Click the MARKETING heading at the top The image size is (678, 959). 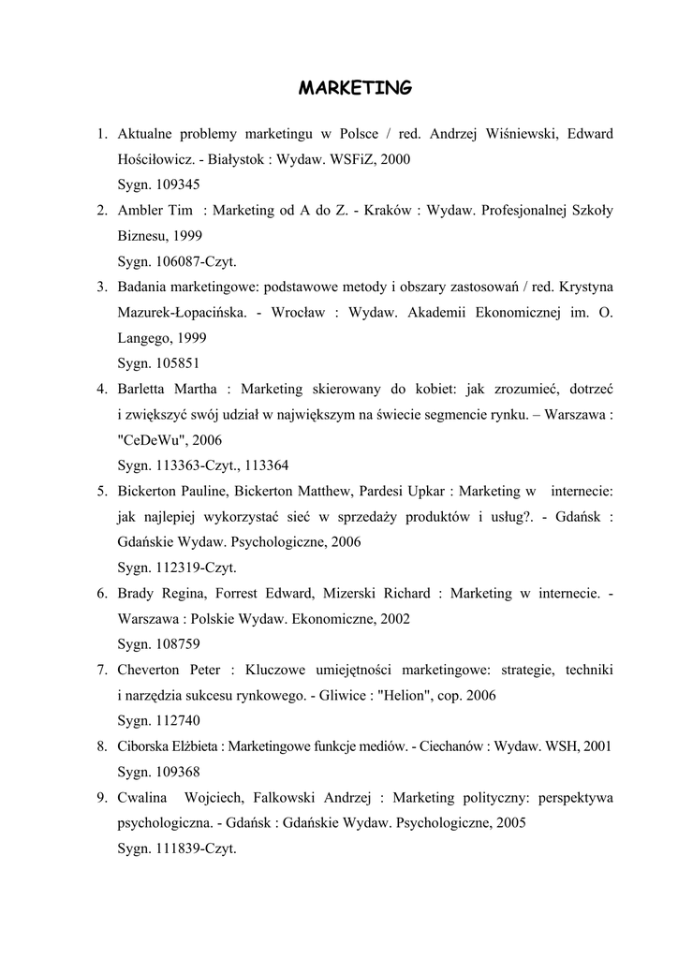(354, 88)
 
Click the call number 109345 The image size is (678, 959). (179, 184)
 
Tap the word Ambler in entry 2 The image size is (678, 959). (140, 210)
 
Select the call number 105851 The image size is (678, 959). (179, 363)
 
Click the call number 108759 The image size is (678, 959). (179, 644)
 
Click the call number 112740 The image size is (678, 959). (179, 721)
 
